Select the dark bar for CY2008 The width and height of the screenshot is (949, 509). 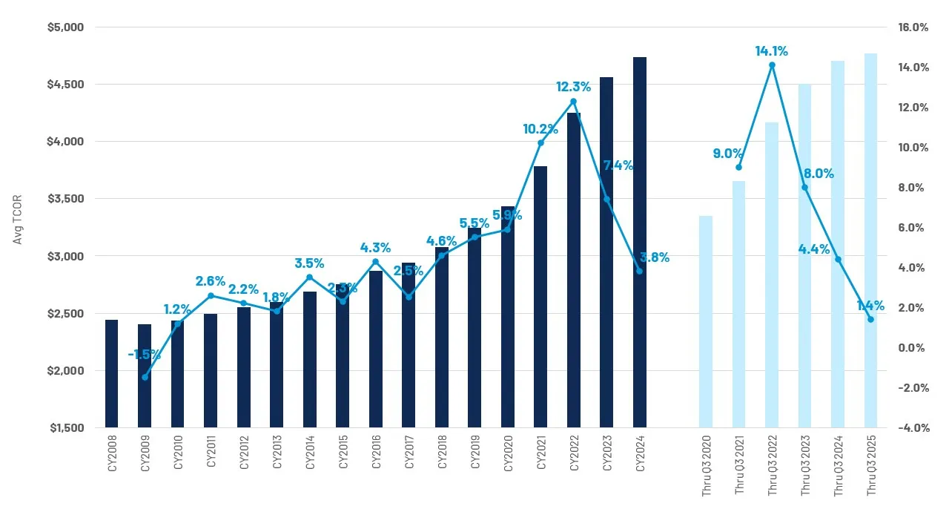(111, 374)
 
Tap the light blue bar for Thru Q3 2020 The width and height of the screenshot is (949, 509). (705, 322)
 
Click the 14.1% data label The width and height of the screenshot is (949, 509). (771, 51)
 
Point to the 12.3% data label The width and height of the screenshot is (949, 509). (573, 87)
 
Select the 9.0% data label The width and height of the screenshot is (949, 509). (728, 154)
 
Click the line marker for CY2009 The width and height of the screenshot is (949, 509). (145, 377)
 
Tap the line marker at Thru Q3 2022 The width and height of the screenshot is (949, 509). (772, 65)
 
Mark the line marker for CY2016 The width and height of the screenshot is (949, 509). (375, 261)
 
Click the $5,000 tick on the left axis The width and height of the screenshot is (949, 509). (67, 27)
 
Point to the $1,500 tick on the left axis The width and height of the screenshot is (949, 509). (67, 428)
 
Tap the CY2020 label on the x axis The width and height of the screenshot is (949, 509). (508, 453)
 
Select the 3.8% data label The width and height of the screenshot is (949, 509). (655, 257)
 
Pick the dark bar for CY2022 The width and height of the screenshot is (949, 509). (573, 270)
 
